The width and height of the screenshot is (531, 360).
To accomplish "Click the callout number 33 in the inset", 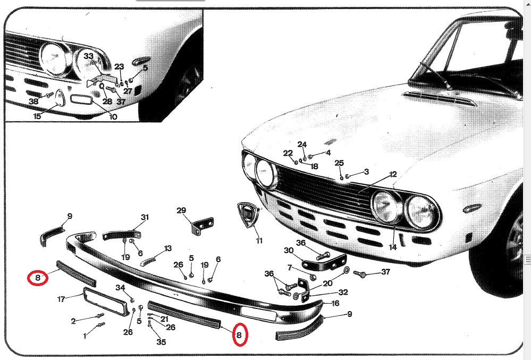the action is click(x=88, y=56).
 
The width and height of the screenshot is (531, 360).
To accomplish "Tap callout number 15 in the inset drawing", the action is click(x=37, y=116).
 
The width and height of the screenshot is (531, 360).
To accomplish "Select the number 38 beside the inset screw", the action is click(x=33, y=101).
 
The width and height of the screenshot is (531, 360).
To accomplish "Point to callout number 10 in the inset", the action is click(x=113, y=117).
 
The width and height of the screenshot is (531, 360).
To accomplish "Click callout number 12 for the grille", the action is click(x=393, y=174).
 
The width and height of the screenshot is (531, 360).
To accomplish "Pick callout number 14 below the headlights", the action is click(x=392, y=247).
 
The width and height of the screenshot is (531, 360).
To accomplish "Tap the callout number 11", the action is click(x=259, y=241).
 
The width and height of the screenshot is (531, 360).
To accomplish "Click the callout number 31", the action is click(x=145, y=217).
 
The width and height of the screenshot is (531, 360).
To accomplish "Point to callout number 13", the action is click(x=168, y=248).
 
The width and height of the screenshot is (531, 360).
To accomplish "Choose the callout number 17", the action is click(x=61, y=299).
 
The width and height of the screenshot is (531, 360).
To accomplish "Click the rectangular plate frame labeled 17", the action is click(x=106, y=302).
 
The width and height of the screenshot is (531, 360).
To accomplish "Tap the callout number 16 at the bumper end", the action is click(x=335, y=303).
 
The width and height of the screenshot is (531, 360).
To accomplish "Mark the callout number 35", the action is click(x=161, y=342).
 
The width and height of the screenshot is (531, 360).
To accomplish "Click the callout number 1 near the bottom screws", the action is click(x=85, y=336).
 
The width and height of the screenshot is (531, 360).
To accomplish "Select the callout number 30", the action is click(x=289, y=250).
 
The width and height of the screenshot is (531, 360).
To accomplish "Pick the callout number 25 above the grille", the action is click(x=339, y=163).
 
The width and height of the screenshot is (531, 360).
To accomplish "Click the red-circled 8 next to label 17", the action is click(x=38, y=278).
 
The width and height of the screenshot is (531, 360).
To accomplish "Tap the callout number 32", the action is click(x=343, y=292).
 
